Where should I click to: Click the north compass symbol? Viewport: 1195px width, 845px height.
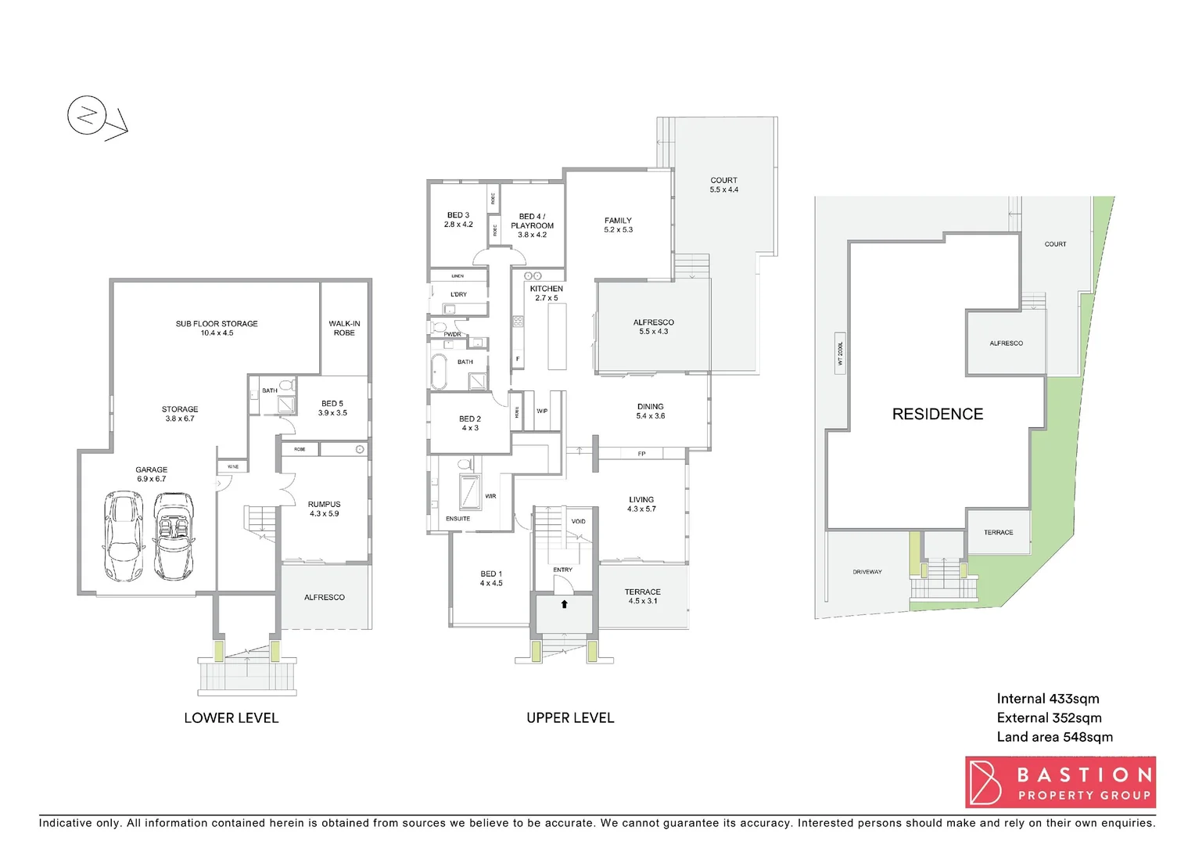(x=87, y=117)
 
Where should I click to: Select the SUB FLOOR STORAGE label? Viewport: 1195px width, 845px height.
(x=217, y=328)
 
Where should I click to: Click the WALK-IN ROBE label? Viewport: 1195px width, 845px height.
(x=344, y=328)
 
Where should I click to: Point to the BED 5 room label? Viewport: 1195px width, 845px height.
(x=332, y=408)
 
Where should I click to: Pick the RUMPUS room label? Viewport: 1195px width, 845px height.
(x=324, y=509)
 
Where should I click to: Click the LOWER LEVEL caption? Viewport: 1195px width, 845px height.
(x=231, y=717)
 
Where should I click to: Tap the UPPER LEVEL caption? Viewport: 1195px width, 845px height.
(x=570, y=717)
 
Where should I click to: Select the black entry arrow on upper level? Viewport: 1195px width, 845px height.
(x=564, y=604)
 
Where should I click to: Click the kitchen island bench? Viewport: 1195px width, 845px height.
(x=557, y=336)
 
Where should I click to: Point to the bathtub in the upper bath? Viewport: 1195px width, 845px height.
(x=439, y=372)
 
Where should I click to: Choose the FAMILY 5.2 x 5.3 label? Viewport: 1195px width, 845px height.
(x=618, y=225)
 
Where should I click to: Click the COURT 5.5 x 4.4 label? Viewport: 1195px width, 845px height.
(x=723, y=185)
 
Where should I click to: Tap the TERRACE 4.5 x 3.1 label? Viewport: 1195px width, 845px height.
(x=642, y=596)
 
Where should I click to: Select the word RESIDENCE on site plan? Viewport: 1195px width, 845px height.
(x=938, y=414)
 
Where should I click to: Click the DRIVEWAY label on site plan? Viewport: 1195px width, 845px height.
(x=867, y=572)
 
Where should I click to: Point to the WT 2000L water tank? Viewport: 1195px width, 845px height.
(x=840, y=353)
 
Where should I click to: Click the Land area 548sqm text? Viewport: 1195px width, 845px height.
(x=1054, y=737)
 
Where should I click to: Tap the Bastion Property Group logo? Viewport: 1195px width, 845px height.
(x=1060, y=782)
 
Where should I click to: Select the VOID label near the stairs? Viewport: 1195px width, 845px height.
(x=578, y=521)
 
